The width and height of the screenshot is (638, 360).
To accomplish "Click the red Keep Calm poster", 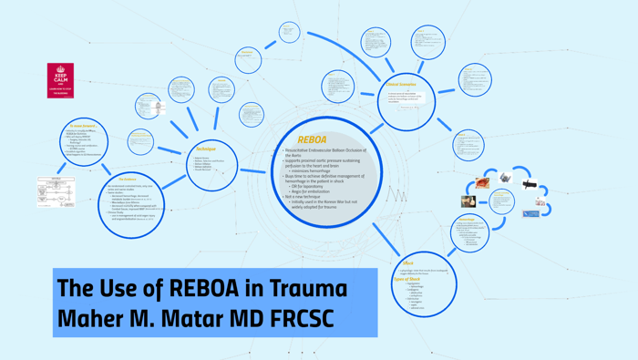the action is pos(60,79).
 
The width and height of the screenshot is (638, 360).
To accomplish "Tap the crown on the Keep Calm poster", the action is pos(60,69).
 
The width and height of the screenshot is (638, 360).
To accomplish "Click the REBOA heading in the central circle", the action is pos(313,139).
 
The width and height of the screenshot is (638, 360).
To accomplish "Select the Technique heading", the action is pos(206,149).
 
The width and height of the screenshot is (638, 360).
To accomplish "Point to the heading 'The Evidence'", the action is pos(128,180).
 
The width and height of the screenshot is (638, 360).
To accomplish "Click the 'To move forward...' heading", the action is pos(83,126).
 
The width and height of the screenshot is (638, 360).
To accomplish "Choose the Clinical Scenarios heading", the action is pos(401,85).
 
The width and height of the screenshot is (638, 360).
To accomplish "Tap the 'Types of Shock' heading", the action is pos(406,279).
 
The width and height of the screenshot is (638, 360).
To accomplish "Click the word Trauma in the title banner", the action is pos(304,289).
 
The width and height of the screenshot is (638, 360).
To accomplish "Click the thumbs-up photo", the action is pos(468,201).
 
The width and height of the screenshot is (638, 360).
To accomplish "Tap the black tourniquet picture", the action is pos(530,184).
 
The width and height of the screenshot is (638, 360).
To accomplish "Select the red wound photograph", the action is pos(482,183).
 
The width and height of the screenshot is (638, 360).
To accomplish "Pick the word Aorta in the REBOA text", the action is pos(294,156).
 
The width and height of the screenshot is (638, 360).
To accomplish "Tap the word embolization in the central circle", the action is pos(317,190).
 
